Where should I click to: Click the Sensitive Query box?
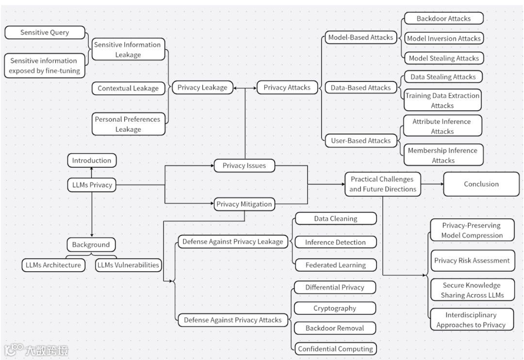pyautogui.click(x=45, y=33)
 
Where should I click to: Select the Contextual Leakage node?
pyautogui.click(x=128, y=88)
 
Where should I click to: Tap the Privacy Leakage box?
pyautogui.click(x=202, y=88)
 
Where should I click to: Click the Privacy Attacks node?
pyautogui.click(x=287, y=88)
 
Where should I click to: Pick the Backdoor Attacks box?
pyautogui.click(x=443, y=19)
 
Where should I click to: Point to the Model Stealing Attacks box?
pyautogui.click(x=443, y=58)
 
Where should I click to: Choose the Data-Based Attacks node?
pyautogui.click(x=360, y=88)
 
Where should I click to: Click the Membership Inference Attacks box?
pyautogui.click(x=442, y=155)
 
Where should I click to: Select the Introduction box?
pyautogui.click(x=92, y=161)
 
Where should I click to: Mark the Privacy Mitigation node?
pyautogui.click(x=244, y=204)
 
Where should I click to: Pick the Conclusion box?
pyautogui.click(x=481, y=184)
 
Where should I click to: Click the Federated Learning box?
pyautogui.click(x=335, y=265)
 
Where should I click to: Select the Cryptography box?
pyautogui.click(x=335, y=309)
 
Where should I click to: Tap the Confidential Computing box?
pyautogui.click(x=335, y=349)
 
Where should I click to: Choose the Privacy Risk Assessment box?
pyautogui.click(x=472, y=261)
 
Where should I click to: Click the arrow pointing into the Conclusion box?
pyautogui.click(x=440, y=184)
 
